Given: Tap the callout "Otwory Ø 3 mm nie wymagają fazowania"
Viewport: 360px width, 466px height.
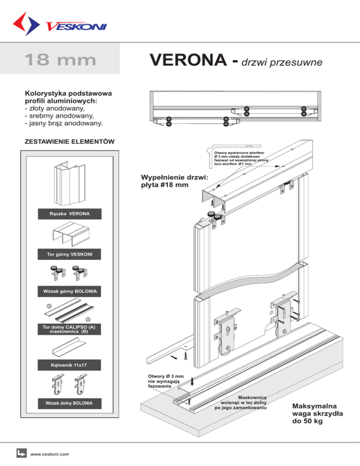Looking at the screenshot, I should pyautogui.click(x=165, y=381).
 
